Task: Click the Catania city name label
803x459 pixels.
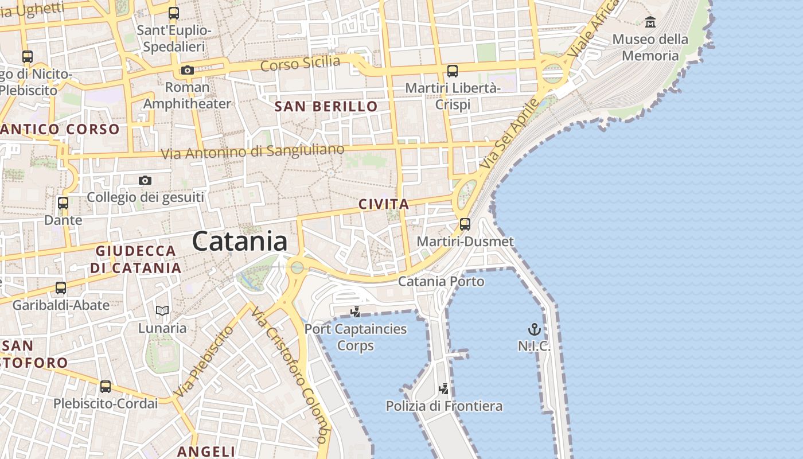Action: (240, 241)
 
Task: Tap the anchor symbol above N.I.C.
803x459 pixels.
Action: (534, 329)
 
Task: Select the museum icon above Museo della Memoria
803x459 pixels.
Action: (650, 22)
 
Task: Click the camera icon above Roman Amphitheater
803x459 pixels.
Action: (187, 71)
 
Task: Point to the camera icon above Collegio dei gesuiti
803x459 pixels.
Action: (145, 181)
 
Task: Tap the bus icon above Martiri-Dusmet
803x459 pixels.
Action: (465, 224)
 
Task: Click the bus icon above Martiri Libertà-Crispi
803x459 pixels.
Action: (453, 71)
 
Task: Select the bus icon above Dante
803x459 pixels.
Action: (63, 203)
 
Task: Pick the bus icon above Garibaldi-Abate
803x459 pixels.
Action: (61, 288)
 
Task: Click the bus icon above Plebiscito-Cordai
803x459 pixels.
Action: (106, 387)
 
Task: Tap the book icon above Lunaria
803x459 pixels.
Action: (162, 311)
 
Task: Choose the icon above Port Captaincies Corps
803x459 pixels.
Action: (356, 312)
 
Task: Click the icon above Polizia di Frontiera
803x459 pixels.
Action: (443, 389)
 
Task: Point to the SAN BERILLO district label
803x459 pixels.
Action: (326, 107)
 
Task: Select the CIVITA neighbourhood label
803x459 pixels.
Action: (384, 204)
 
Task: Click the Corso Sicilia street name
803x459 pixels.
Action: (300, 63)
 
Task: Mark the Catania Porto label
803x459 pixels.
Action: (441, 282)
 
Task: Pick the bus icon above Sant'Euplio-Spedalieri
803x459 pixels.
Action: (173, 13)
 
